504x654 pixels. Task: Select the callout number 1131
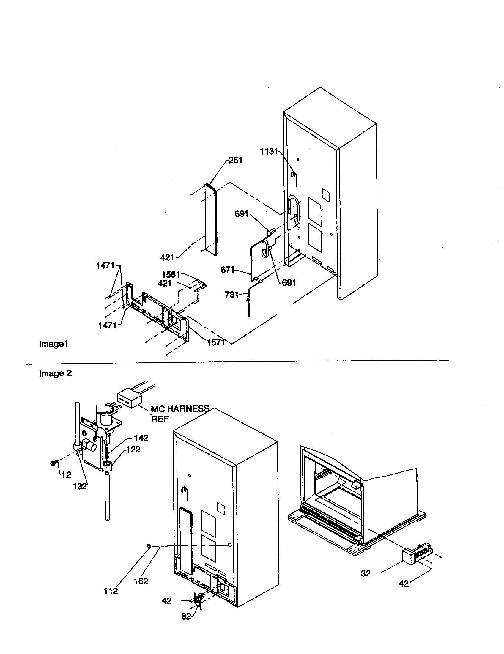click(x=269, y=152)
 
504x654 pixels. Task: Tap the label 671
click(x=227, y=270)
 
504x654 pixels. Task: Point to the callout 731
click(x=232, y=295)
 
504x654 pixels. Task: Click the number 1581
click(x=171, y=275)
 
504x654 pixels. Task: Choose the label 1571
click(x=216, y=342)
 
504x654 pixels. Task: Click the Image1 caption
click(x=53, y=344)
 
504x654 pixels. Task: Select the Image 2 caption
click(x=55, y=374)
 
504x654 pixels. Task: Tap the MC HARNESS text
click(x=179, y=409)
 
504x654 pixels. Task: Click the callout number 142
click(x=141, y=438)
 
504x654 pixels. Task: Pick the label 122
click(x=133, y=449)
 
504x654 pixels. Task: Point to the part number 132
click(x=80, y=486)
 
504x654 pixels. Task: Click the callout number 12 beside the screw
click(x=67, y=475)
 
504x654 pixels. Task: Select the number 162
click(x=141, y=581)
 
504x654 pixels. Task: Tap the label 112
click(x=111, y=591)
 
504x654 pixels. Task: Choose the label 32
click(x=366, y=573)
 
